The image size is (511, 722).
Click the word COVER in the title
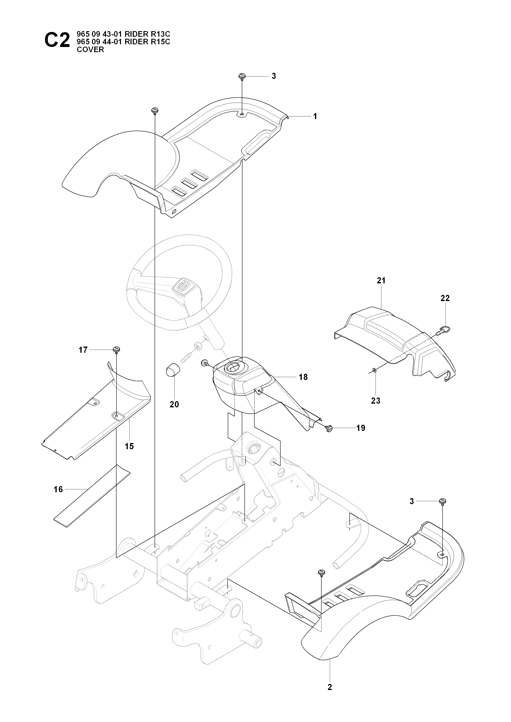[90, 50]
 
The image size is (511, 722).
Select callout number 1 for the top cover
[315, 116]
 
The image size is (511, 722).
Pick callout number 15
[129, 446]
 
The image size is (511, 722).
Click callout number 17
[83, 350]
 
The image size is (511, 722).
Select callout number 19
[361, 428]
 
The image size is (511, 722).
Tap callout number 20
[174, 404]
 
